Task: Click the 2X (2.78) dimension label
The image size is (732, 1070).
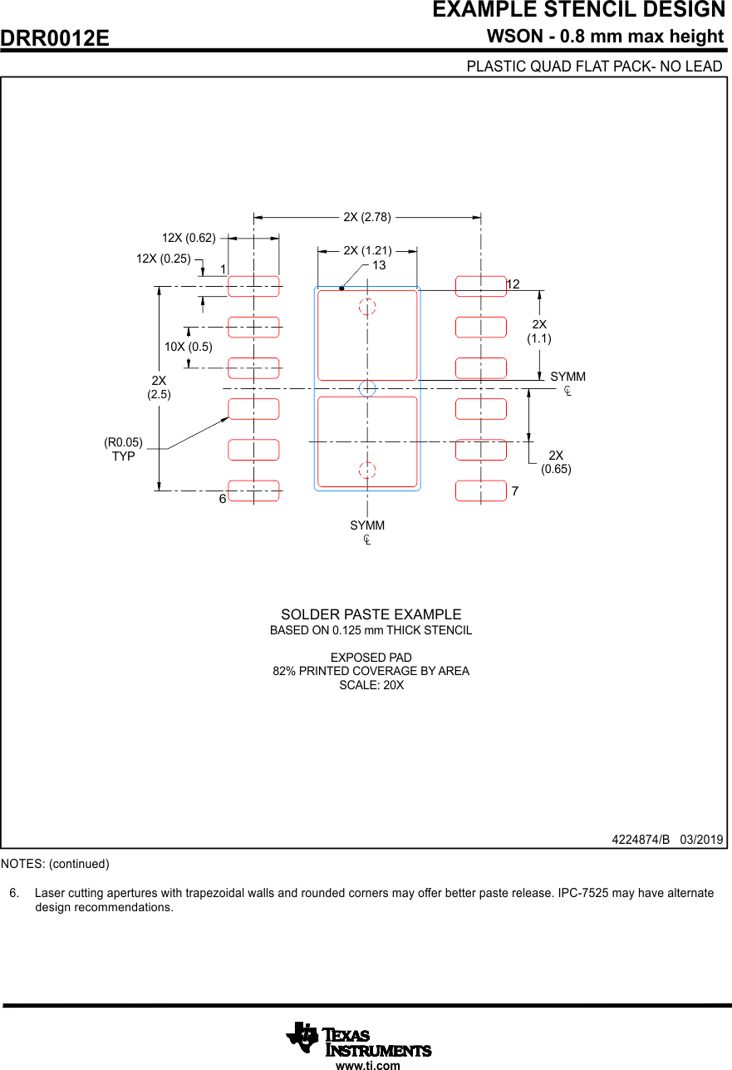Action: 366,217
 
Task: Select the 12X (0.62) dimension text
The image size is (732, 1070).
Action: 189,238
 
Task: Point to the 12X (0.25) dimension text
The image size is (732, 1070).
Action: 164,259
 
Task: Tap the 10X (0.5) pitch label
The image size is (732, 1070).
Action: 189,347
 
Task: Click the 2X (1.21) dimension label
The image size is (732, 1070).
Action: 367,249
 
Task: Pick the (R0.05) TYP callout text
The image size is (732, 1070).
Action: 123,449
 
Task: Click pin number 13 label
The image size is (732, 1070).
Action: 379,265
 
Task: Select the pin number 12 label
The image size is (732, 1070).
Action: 513,284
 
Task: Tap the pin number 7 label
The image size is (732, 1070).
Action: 515,491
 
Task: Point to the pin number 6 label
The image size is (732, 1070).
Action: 223,499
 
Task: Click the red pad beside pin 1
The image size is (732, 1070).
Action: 253,286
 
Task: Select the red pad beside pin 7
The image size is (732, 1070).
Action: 481,491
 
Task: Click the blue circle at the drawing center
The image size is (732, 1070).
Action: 367,388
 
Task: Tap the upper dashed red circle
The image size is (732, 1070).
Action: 367,307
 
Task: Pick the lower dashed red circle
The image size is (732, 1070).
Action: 367,470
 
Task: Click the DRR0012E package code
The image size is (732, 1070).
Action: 55,38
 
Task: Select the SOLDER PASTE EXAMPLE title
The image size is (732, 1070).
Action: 371,614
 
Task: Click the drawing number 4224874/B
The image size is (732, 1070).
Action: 641,839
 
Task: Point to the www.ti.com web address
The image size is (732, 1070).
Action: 367,1065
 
